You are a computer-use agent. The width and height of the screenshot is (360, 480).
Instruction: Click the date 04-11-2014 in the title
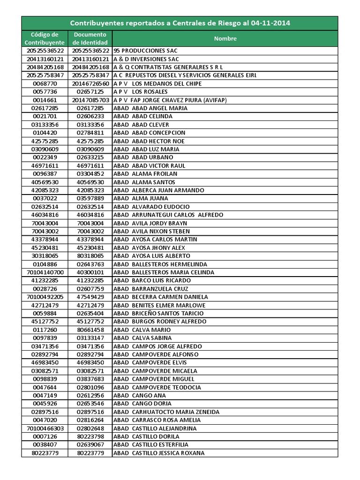tap(270, 23)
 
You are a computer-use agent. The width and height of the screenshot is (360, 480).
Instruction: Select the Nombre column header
tap(225, 39)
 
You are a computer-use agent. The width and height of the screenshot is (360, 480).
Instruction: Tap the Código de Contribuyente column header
tap(45, 38)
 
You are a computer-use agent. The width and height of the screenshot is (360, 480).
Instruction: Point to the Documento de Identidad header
tap(90, 38)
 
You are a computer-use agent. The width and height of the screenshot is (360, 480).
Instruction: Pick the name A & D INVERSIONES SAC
tap(146, 59)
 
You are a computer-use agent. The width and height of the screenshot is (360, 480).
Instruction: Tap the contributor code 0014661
tap(45, 100)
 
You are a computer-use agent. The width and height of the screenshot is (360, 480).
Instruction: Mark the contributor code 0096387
tap(45, 174)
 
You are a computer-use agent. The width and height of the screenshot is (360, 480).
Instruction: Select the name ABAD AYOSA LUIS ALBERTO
tap(152, 256)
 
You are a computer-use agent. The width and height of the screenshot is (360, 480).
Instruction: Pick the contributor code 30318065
tap(45, 256)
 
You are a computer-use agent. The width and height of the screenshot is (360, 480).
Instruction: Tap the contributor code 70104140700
tap(45, 272)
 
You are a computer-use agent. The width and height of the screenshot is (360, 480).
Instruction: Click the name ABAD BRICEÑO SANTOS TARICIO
tap(158, 313)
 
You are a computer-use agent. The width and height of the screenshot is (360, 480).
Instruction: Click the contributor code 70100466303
tap(45, 428)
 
